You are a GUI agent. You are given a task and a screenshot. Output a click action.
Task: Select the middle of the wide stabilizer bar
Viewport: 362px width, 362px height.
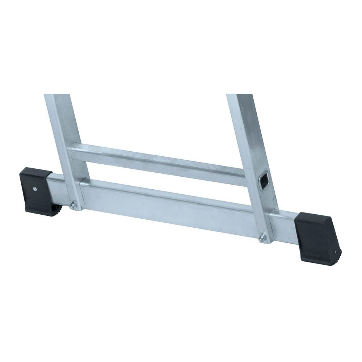pyautogui.click(x=170, y=206)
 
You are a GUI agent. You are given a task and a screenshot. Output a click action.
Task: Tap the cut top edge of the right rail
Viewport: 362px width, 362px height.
pyautogui.click(x=240, y=95)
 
